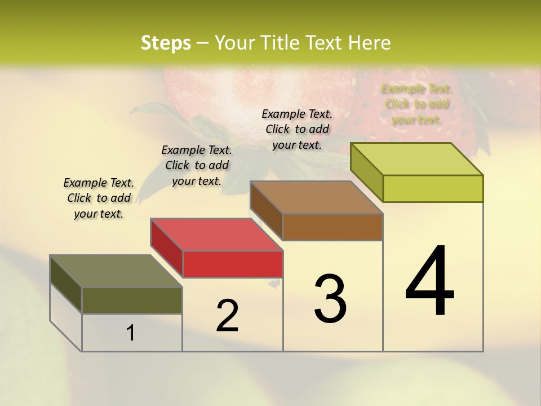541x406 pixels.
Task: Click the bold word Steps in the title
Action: tap(165, 43)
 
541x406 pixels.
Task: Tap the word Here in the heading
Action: tap(370, 43)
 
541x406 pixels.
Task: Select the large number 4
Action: tap(429, 282)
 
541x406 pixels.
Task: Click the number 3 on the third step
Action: tap(330, 299)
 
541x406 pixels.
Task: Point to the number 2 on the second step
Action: tap(227, 316)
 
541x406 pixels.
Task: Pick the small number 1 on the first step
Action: tap(130, 333)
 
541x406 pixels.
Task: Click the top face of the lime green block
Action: tap(417, 159)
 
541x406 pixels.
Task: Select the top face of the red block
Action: tap(216, 235)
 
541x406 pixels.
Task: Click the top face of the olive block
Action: tap(116, 271)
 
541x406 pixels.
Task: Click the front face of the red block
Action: tap(233, 264)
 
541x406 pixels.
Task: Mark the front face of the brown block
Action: tap(332, 227)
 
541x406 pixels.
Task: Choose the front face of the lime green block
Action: tap(433, 188)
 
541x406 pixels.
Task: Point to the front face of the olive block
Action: tap(132, 300)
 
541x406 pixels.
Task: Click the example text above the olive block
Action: tap(99, 198)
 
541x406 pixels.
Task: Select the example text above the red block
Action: tap(197, 165)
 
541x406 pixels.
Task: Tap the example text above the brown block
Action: tap(297, 129)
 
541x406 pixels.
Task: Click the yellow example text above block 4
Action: tap(416, 104)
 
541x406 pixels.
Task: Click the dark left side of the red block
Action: tap(167, 248)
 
